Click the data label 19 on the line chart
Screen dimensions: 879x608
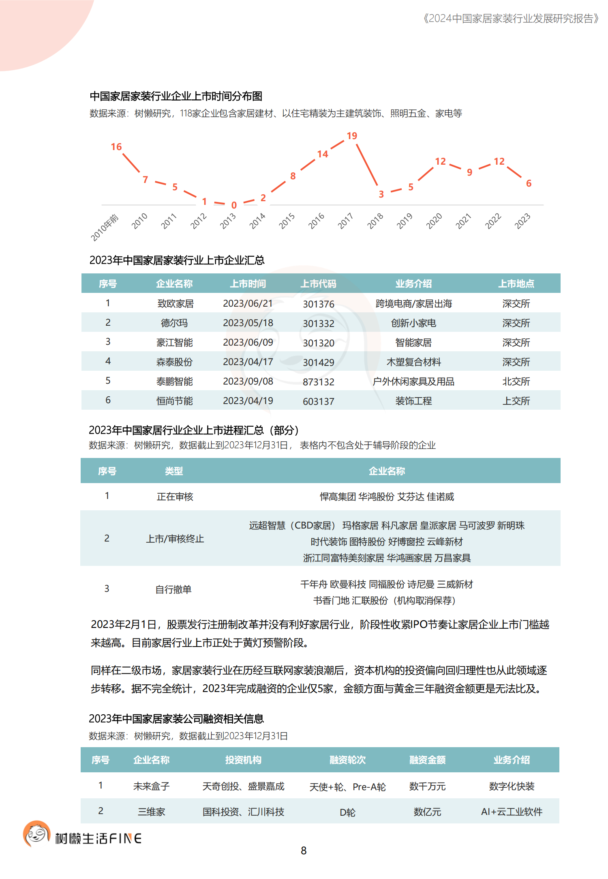point(352,136)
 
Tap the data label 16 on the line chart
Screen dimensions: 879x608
point(116,147)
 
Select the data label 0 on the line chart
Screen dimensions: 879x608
point(234,205)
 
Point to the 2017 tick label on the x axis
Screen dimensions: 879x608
point(345,221)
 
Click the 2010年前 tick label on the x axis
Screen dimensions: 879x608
point(105,228)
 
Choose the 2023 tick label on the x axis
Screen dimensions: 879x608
point(522,221)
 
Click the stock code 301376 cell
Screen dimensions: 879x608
point(319,304)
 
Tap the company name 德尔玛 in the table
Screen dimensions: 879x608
point(174,323)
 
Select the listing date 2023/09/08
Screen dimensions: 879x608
point(248,382)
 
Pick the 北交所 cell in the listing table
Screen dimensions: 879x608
point(516,382)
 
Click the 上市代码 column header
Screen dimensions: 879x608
point(318,284)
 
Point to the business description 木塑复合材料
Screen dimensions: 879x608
point(413,362)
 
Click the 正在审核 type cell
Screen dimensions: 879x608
point(175,497)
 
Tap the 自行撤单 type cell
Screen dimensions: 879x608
point(173,589)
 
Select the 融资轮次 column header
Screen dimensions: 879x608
point(347,760)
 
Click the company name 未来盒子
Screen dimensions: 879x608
point(151,787)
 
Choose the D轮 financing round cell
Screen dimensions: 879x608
point(347,812)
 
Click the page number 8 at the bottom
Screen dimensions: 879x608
point(304,851)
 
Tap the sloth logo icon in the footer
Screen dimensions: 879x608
point(36,834)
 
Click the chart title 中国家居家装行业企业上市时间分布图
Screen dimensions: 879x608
point(176,97)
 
